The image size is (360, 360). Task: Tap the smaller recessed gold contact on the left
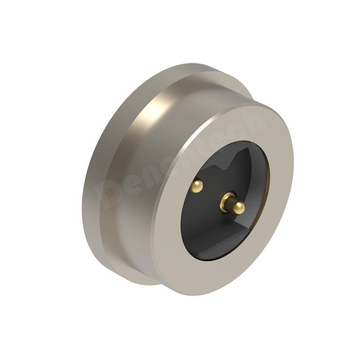[198, 184]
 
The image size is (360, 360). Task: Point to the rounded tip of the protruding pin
[239, 207]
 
